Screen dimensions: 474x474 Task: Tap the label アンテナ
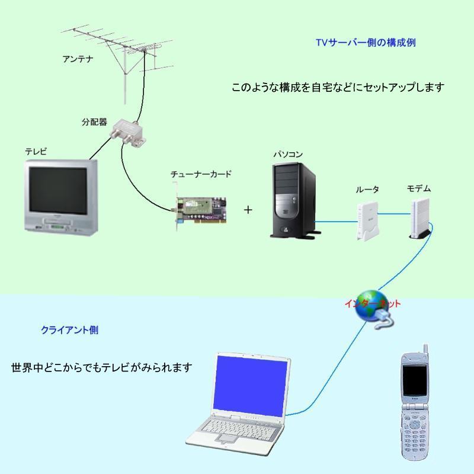pyautogui.click(x=78, y=59)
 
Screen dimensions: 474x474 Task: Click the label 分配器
pyautogui.click(x=94, y=122)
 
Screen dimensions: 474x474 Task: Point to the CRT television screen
pyautogui.click(x=57, y=190)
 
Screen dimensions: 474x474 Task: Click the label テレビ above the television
pyautogui.click(x=36, y=151)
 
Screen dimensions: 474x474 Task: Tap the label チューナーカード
pyautogui.click(x=201, y=174)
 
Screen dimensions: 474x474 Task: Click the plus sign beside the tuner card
pyautogui.click(x=248, y=210)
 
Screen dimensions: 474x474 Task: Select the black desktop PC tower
pyautogui.click(x=294, y=200)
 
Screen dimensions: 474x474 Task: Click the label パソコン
pyautogui.click(x=288, y=154)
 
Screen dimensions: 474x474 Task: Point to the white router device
pyautogui.click(x=367, y=222)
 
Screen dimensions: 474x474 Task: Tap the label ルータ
pyautogui.click(x=367, y=190)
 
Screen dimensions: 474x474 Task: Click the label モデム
pyautogui.click(x=419, y=188)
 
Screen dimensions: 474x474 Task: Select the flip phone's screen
pyautogui.click(x=414, y=380)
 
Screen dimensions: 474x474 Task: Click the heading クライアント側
pyautogui.click(x=69, y=330)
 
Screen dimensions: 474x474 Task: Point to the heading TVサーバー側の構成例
pyautogui.click(x=366, y=42)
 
